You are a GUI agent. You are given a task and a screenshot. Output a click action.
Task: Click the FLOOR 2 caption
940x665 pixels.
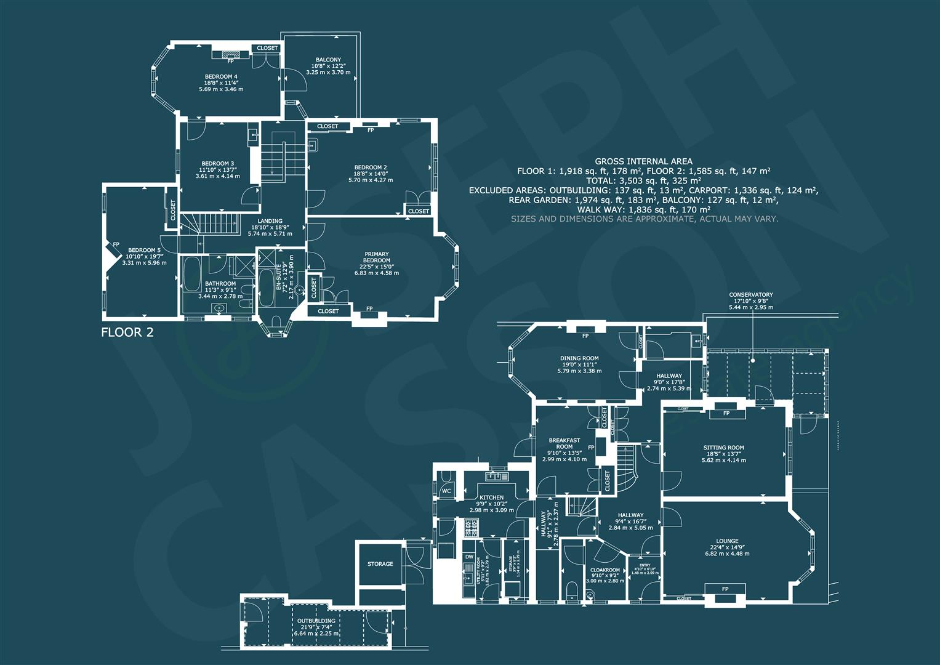click(127, 333)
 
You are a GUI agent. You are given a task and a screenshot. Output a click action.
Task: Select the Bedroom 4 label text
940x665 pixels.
click(221, 76)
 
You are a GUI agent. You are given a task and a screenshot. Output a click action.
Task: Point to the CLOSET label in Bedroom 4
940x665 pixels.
click(267, 48)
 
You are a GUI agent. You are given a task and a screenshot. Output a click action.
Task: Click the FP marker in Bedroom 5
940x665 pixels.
click(116, 244)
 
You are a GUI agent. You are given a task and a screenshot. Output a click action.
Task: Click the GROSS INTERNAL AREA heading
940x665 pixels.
click(643, 161)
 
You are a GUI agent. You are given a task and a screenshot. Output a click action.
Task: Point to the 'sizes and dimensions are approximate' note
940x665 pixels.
click(645, 219)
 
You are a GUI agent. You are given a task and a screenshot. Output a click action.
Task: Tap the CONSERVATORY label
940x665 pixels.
click(750, 295)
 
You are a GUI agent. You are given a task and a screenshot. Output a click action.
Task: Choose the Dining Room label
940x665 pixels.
click(579, 358)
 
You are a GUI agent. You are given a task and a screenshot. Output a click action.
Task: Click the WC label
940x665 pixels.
click(447, 491)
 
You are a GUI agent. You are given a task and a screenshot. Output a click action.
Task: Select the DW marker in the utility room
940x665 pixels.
click(469, 557)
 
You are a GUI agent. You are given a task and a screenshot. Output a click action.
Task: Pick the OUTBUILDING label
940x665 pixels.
click(316, 621)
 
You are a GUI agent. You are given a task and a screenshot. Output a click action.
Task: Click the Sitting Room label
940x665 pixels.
click(724, 448)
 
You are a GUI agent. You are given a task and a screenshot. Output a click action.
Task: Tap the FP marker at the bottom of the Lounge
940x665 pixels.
click(725, 589)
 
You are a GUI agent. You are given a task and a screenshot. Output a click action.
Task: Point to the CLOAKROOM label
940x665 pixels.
click(605, 570)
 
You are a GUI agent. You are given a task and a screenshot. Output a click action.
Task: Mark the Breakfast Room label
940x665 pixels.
click(564, 443)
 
